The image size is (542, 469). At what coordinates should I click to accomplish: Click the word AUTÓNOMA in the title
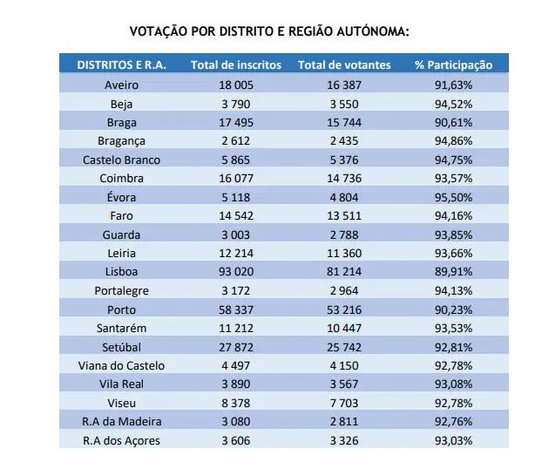(369, 31)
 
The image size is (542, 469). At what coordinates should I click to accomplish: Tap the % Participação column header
(453, 65)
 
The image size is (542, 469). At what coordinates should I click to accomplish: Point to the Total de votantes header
(344, 65)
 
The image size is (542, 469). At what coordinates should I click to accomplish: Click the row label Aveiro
(121, 85)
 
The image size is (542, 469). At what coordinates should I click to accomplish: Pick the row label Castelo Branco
(121, 160)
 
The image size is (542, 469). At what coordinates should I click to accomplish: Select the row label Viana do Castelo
(121, 365)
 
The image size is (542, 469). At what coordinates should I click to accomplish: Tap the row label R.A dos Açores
(121, 440)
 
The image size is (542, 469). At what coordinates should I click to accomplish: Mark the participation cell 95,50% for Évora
(453, 197)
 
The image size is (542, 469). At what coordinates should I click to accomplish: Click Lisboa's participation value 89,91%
(453, 272)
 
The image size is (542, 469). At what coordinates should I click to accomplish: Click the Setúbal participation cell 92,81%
(453, 347)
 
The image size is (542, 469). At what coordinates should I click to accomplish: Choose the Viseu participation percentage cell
(453, 403)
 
